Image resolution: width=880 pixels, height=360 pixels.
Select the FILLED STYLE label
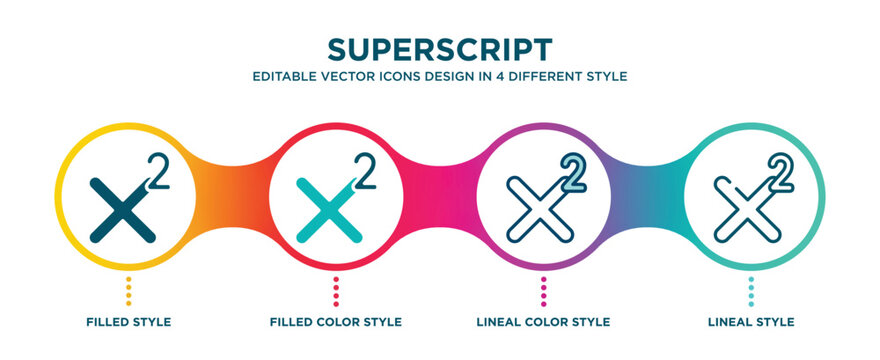(128, 322)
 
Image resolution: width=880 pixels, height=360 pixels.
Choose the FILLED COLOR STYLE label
(336, 322)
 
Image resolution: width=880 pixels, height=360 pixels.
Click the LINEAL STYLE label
(752, 322)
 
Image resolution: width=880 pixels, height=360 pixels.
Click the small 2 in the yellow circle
(156, 170)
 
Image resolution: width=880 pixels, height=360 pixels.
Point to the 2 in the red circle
(365, 171)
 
